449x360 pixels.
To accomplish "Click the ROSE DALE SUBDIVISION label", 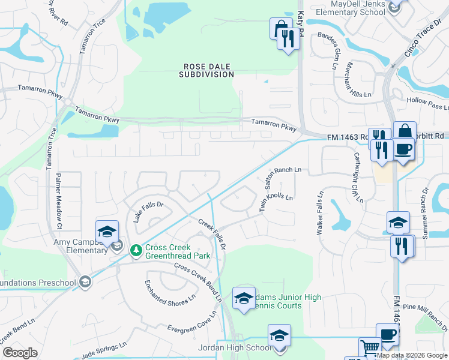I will [206, 70].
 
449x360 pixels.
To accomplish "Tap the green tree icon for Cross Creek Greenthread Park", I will [137, 249].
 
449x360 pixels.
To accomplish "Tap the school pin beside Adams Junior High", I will [244, 298].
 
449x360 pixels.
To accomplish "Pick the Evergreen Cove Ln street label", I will [191, 324].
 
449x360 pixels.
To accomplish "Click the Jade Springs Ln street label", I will [105, 350].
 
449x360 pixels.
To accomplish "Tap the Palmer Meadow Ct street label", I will [59, 192].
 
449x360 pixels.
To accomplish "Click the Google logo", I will [20, 353].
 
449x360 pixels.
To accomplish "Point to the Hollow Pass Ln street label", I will [427, 103].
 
